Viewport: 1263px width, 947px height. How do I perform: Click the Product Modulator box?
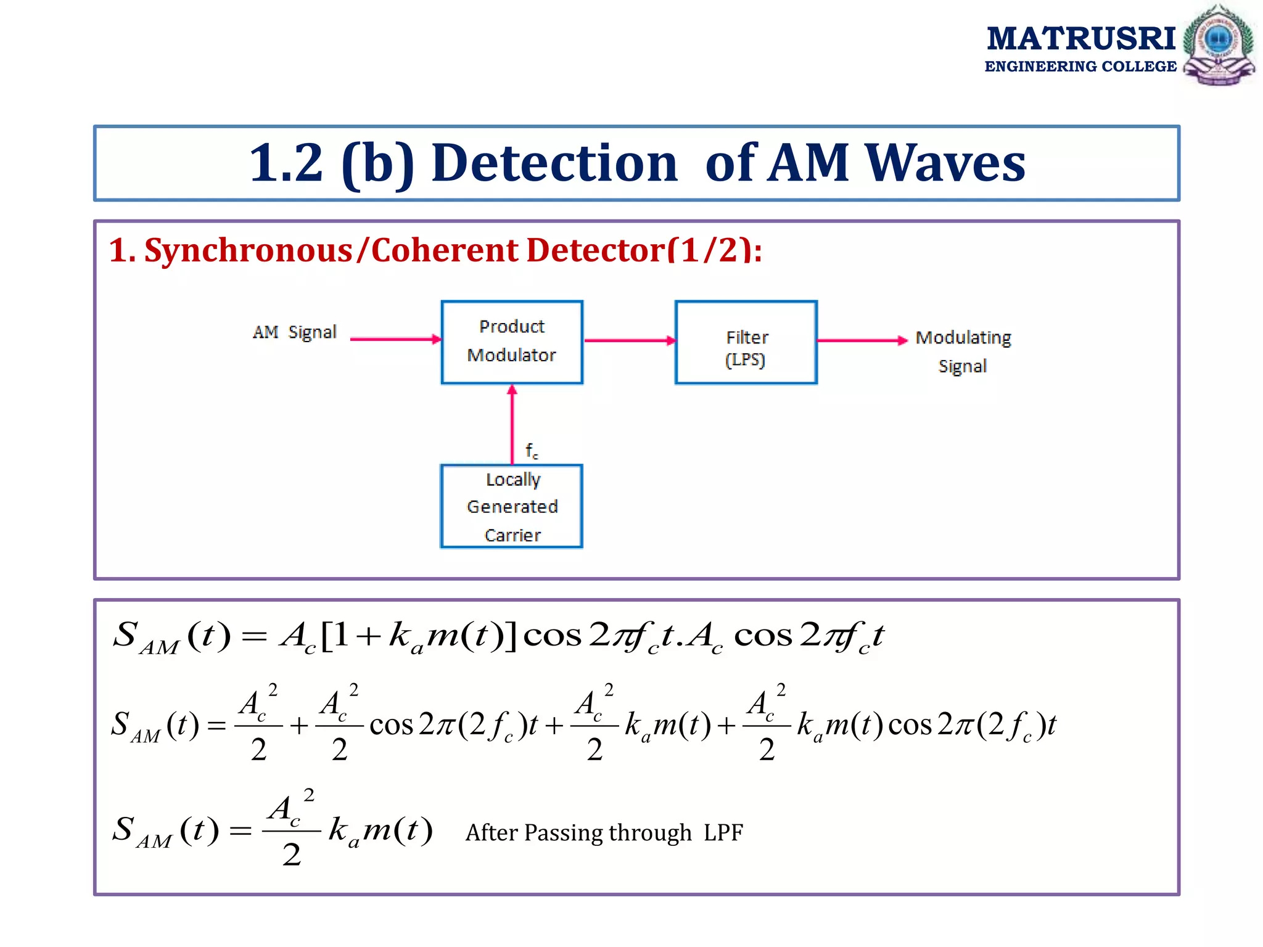512,342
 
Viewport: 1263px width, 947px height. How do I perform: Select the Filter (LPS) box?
746,343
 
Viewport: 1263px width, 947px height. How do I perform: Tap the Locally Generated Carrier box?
512,506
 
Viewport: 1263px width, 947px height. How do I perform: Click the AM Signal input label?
295,332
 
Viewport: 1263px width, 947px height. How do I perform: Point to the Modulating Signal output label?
963,351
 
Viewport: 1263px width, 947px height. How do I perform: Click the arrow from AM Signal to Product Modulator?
395,339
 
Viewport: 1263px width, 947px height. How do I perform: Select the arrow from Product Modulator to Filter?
630,340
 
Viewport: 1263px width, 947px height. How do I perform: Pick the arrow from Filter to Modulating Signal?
862,340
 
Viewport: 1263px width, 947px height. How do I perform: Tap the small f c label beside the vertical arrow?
532,451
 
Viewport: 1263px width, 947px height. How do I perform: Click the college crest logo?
1219,44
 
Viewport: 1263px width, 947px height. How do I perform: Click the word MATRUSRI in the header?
1081,39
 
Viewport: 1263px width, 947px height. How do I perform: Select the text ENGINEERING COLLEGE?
1080,67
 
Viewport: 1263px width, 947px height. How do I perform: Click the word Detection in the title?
554,163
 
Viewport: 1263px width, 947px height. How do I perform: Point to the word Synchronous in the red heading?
248,251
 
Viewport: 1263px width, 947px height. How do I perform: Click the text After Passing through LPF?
604,832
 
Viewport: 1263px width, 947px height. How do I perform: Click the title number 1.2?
286,163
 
